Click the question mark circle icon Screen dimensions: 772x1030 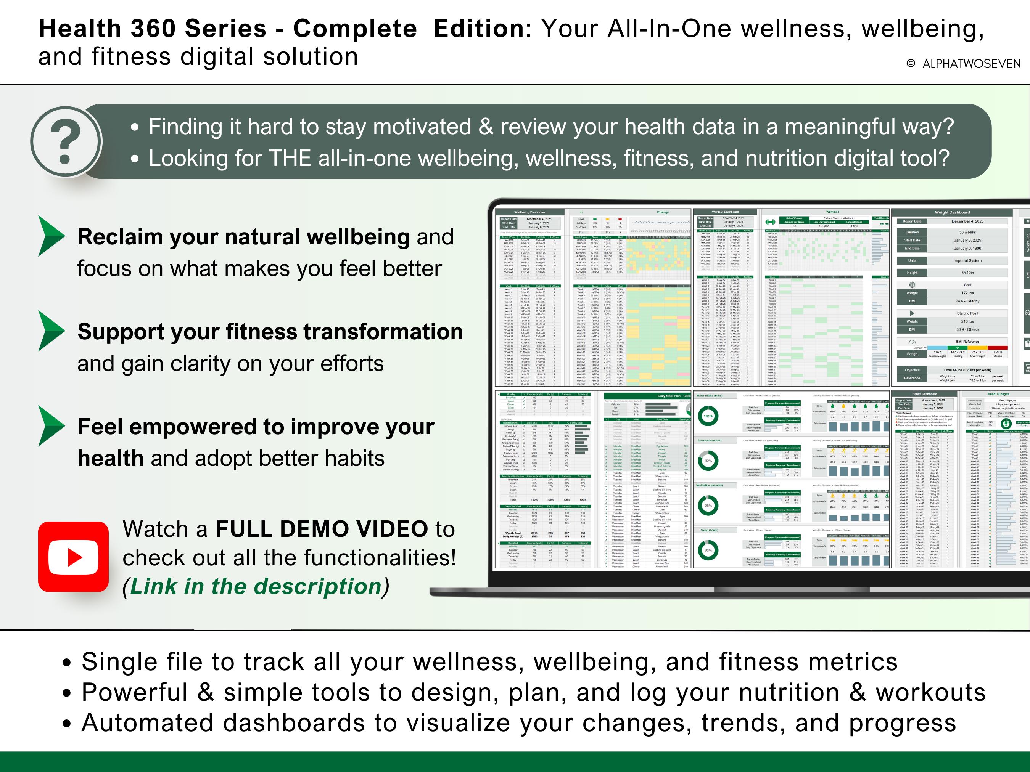coord(66,141)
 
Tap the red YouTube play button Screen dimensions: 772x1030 coord(74,557)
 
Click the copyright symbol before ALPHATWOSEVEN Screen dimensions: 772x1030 coord(910,64)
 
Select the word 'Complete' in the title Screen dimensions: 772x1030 coord(355,29)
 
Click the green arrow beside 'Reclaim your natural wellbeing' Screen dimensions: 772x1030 coord(51,236)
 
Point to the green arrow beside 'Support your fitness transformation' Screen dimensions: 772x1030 coord(51,331)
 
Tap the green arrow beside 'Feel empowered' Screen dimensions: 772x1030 coord(51,426)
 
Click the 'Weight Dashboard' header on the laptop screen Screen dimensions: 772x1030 coord(952,212)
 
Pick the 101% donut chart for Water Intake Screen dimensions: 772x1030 coord(708,416)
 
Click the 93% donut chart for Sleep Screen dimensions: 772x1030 coord(708,550)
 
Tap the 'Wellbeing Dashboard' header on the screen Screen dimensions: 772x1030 coord(530,212)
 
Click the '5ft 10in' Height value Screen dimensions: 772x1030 coord(967,273)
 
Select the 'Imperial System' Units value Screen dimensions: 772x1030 coord(967,261)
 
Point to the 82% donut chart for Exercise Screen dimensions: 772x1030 coord(708,461)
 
